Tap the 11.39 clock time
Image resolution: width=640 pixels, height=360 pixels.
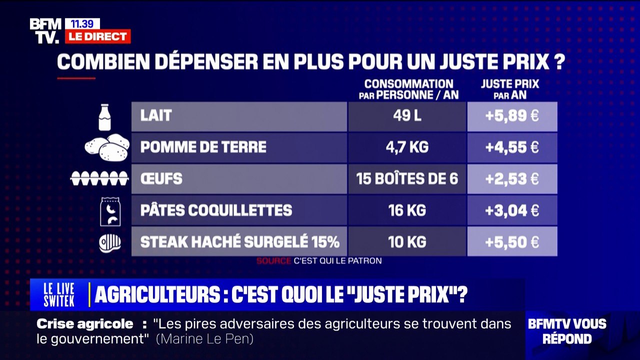82,23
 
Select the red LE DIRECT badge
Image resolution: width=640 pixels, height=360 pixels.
97,36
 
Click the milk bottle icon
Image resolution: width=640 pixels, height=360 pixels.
104,117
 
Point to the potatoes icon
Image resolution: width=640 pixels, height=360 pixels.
107,147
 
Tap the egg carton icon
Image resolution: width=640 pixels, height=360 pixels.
99,178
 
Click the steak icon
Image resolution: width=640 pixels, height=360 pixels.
109,242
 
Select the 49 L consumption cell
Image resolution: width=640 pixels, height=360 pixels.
407,116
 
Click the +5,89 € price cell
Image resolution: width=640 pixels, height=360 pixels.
512,116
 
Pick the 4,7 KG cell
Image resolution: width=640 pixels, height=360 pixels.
407,147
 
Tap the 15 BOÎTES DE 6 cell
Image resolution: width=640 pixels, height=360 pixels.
407,178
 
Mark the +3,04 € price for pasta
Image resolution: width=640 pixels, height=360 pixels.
512,210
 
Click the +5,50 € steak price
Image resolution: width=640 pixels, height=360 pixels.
512,242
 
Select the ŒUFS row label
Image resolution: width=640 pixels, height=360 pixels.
161,178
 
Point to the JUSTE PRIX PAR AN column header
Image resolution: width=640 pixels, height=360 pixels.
510,89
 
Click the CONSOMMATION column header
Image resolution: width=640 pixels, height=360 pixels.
408,89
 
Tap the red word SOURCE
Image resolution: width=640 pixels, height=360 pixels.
273,260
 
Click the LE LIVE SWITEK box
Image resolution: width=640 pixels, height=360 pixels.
59,294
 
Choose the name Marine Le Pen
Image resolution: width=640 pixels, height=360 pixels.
205,339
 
